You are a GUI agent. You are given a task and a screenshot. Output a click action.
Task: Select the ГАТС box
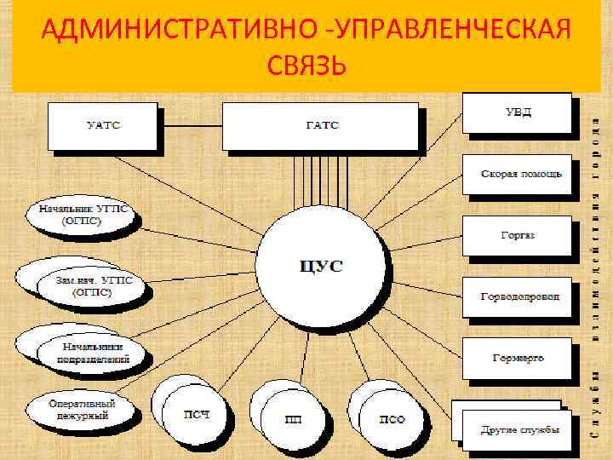320,126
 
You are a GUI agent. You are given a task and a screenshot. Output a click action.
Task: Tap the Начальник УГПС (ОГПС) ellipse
81,216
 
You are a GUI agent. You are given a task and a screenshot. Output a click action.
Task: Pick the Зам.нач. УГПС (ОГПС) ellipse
85,285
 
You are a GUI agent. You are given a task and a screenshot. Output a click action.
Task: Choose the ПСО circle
392,418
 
